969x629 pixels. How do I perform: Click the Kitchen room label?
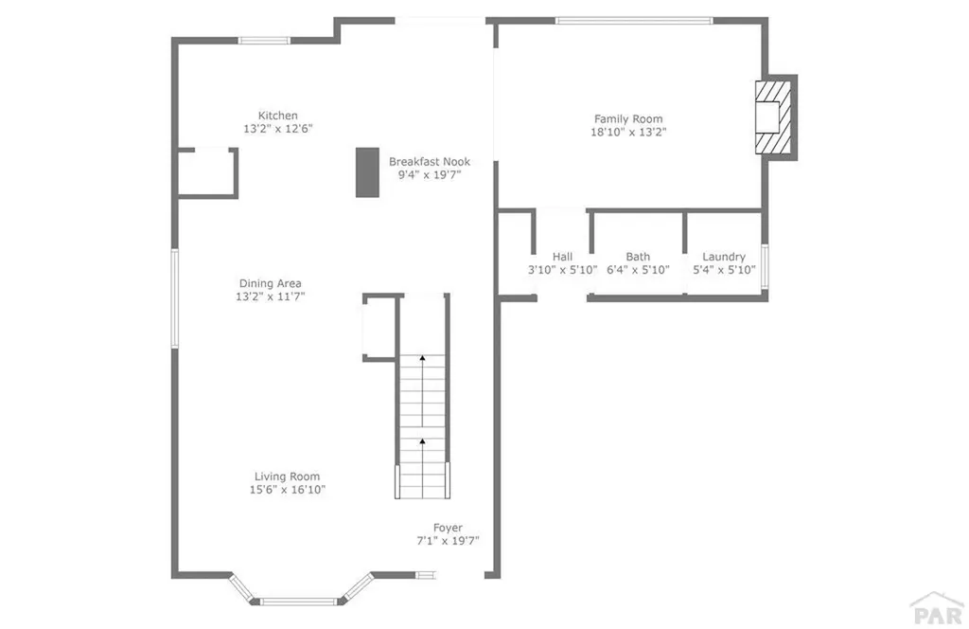coord(278,116)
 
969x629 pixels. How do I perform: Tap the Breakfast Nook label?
coord(430,161)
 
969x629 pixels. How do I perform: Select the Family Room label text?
coord(628,119)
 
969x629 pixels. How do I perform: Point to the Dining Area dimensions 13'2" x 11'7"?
coord(271,297)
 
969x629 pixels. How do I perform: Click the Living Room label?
coord(287,476)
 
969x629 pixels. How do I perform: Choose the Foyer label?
coord(448,528)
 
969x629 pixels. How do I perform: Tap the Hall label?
coord(563,257)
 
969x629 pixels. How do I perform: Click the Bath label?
coord(638,257)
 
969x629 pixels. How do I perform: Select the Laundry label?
coord(724,257)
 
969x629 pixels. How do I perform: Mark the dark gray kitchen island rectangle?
coord(367,172)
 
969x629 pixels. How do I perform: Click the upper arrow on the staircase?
coord(422,359)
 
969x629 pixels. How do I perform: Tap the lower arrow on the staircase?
coord(422,440)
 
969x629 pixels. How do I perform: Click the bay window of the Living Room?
coord(298,600)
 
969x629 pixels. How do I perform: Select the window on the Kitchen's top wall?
coord(264,40)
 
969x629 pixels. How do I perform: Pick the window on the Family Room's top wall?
coord(634,20)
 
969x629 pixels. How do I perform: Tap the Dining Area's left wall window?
coord(174,297)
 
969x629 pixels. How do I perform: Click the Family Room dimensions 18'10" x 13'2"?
coord(628,133)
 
